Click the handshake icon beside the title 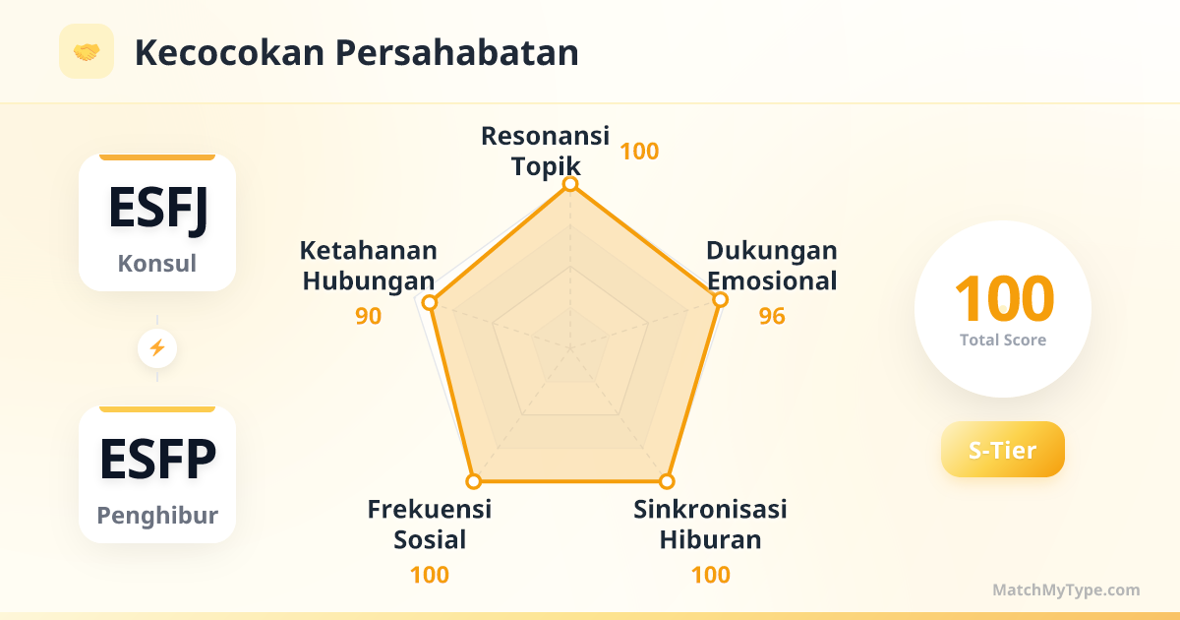(x=87, y=51)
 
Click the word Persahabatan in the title (x=456, y=53)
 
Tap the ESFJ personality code (x=157, y=210)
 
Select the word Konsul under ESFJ (x=157, y=263)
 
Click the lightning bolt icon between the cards (x=157, y=348)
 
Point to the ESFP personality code (x=157, y=459)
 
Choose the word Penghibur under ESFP (x=157, y=515)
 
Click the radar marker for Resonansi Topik (x=570, y=184)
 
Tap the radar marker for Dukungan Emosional (x=720, y=300)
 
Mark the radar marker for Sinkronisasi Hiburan (x=667, y=481)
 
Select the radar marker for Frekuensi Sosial (x=474, y=481)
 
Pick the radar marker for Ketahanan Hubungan (x=430, y=303)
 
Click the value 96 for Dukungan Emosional (x=772, y=316)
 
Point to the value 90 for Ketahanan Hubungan (x=368, y=316)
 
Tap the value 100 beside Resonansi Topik (x=639, y=152)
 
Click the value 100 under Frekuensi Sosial (x=430, y=575)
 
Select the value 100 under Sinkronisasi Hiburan (x=711, y=575)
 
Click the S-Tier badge (x=1002, y=449)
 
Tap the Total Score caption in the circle (x=1003, y=341)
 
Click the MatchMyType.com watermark (x=1066, y=589)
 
